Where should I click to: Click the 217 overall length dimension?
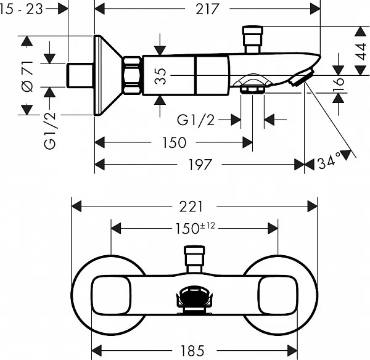207,9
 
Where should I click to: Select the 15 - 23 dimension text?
21,9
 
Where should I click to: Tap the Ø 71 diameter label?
27,76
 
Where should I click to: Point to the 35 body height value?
160,76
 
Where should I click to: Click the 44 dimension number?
361,51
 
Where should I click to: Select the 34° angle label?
329,161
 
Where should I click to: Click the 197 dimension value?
200,165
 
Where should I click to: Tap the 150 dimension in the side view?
174,142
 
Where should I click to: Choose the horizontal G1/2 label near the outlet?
196,120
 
